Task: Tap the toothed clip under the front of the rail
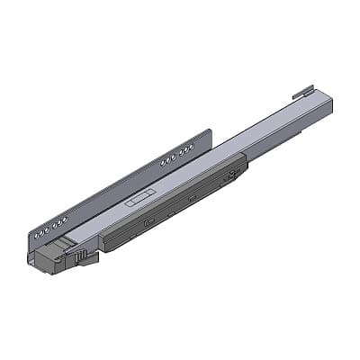86,257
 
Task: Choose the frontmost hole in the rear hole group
162,161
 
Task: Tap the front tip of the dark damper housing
104,245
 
